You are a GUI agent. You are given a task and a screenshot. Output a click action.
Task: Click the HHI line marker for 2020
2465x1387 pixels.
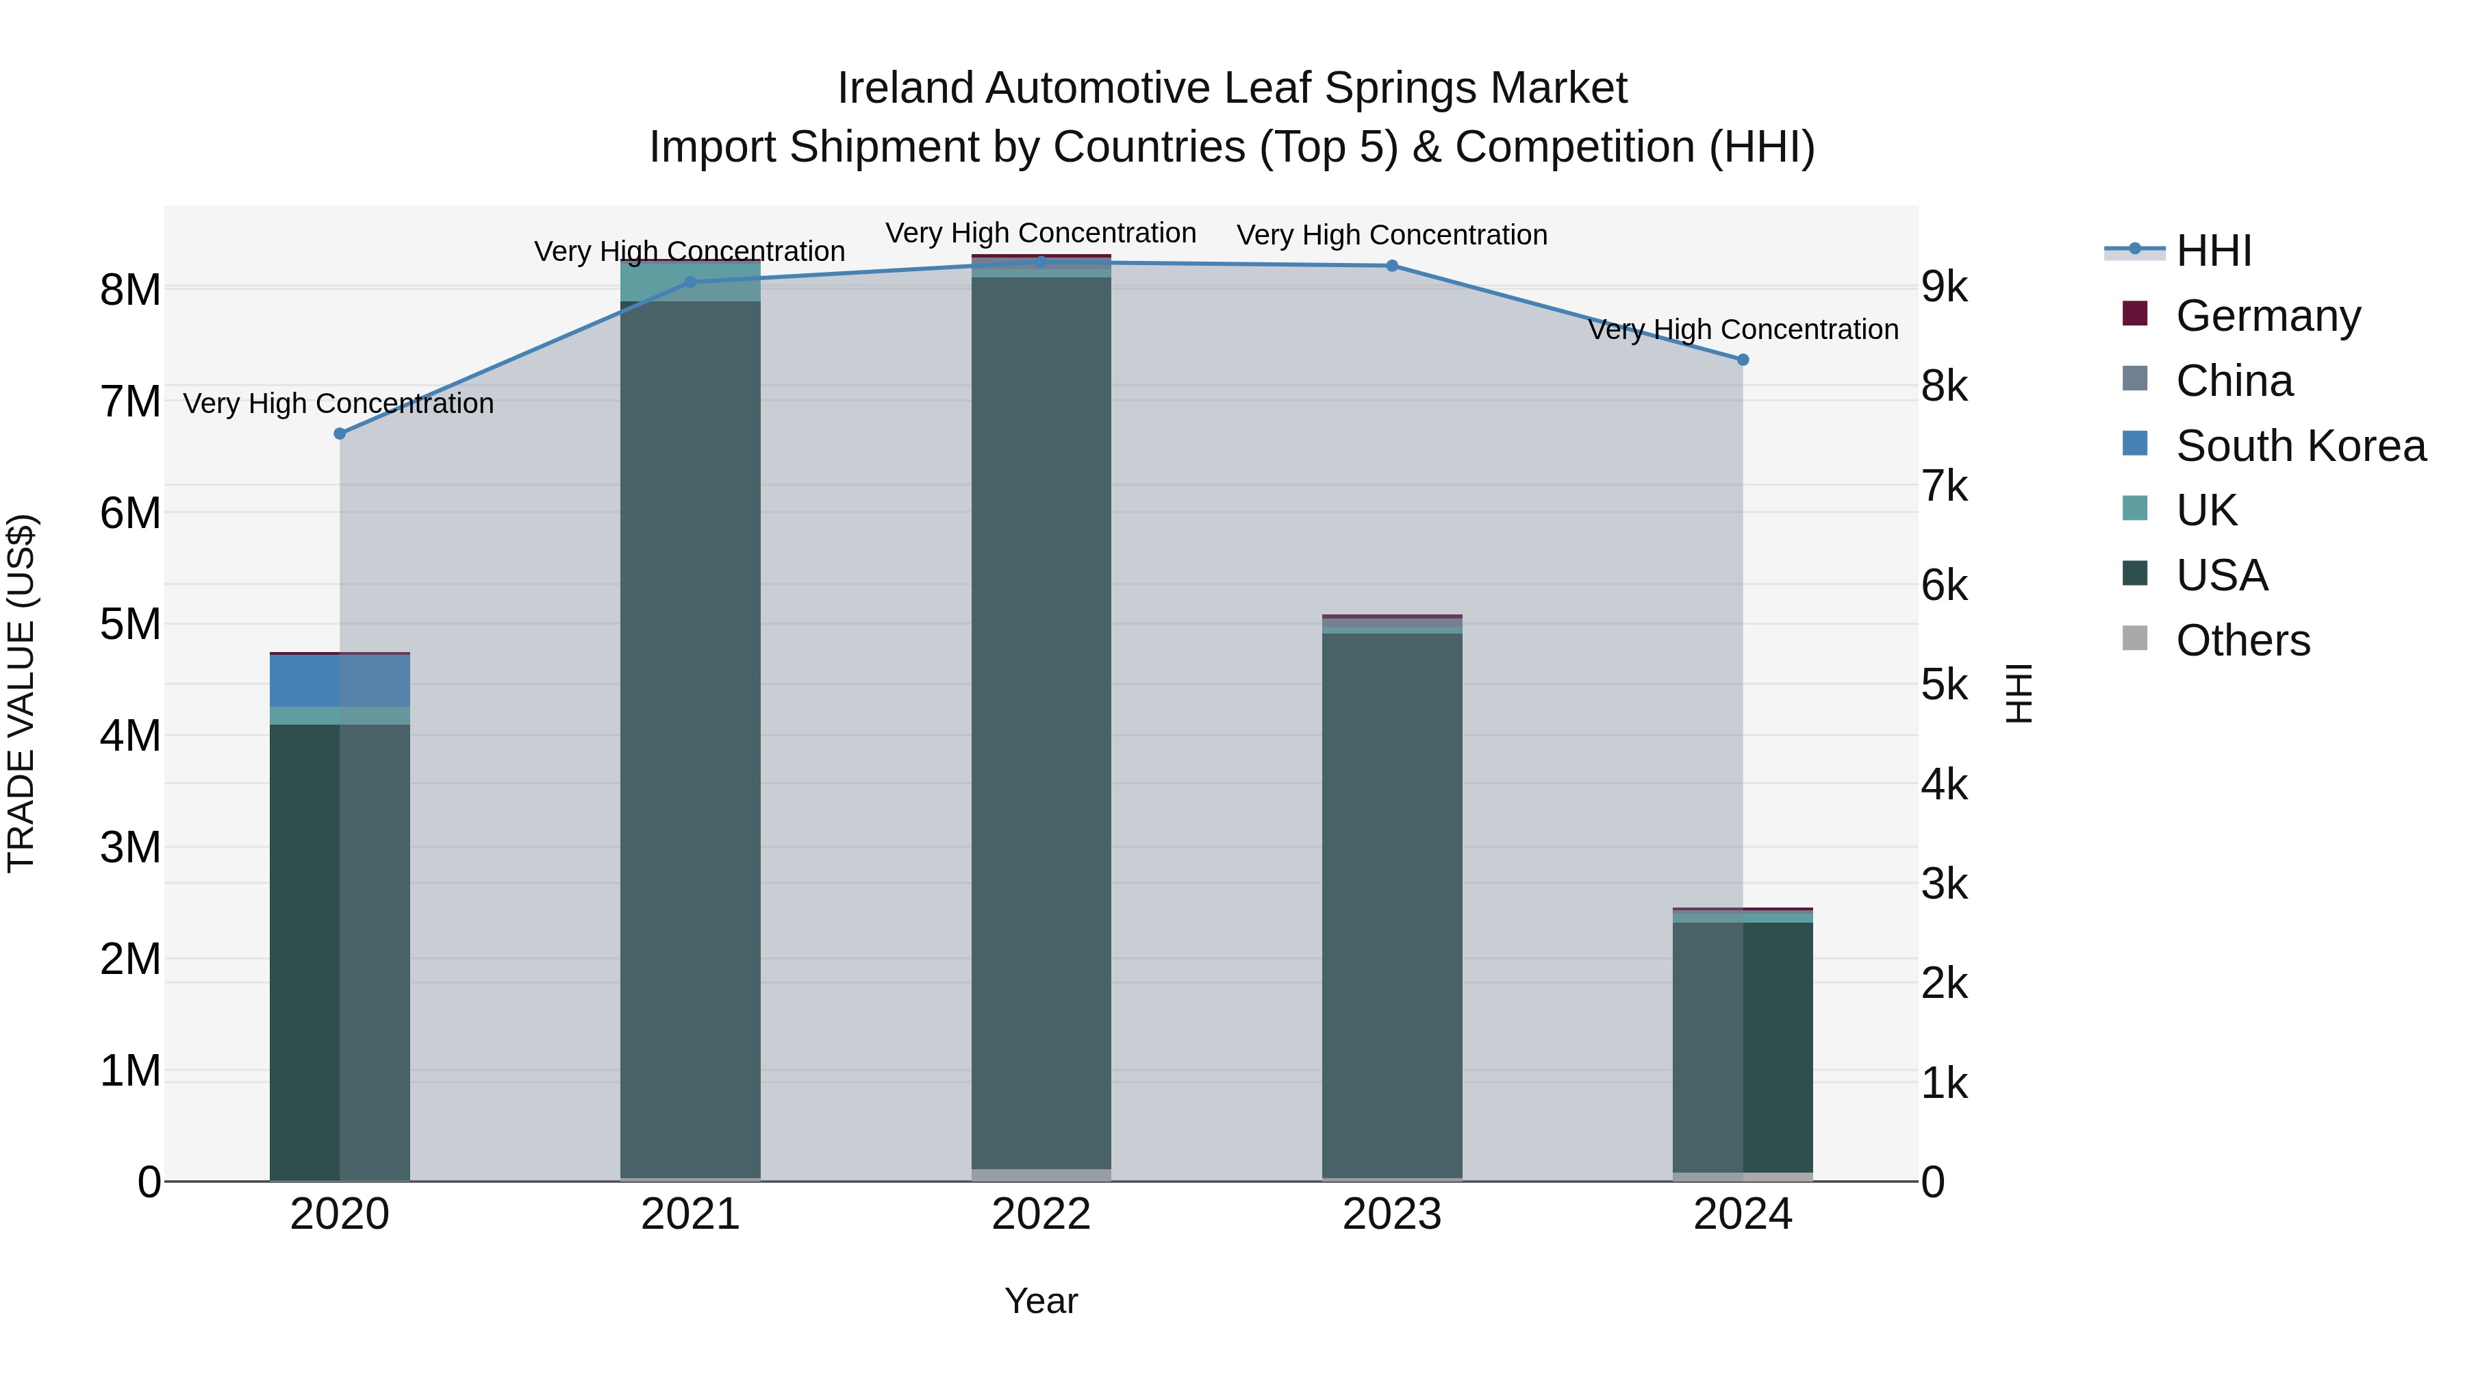pos(340,434)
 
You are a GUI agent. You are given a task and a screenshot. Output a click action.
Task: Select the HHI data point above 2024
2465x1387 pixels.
pos(1743,360)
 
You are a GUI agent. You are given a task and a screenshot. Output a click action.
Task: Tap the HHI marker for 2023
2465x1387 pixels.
pos(1391,266)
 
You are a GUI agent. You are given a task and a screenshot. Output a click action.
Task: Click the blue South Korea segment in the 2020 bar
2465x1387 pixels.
pos(340,681)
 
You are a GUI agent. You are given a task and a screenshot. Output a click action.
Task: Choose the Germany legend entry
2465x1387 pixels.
pos(2268,316)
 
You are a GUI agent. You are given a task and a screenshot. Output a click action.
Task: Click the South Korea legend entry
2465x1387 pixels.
pos(2301,446)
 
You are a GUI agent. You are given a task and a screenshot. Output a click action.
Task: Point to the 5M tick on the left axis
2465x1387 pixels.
pos(130,624)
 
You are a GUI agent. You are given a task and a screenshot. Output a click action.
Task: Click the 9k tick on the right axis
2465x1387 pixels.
pos(1945,287)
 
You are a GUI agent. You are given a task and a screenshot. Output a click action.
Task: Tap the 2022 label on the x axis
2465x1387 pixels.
pos(1041,1214)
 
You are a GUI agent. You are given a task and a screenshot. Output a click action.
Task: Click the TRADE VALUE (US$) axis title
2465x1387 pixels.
pos(21,693)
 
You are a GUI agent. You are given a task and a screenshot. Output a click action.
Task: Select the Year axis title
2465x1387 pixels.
pos(1041,1301)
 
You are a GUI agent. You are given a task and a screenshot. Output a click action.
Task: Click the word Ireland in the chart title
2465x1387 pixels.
pos(905,89)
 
